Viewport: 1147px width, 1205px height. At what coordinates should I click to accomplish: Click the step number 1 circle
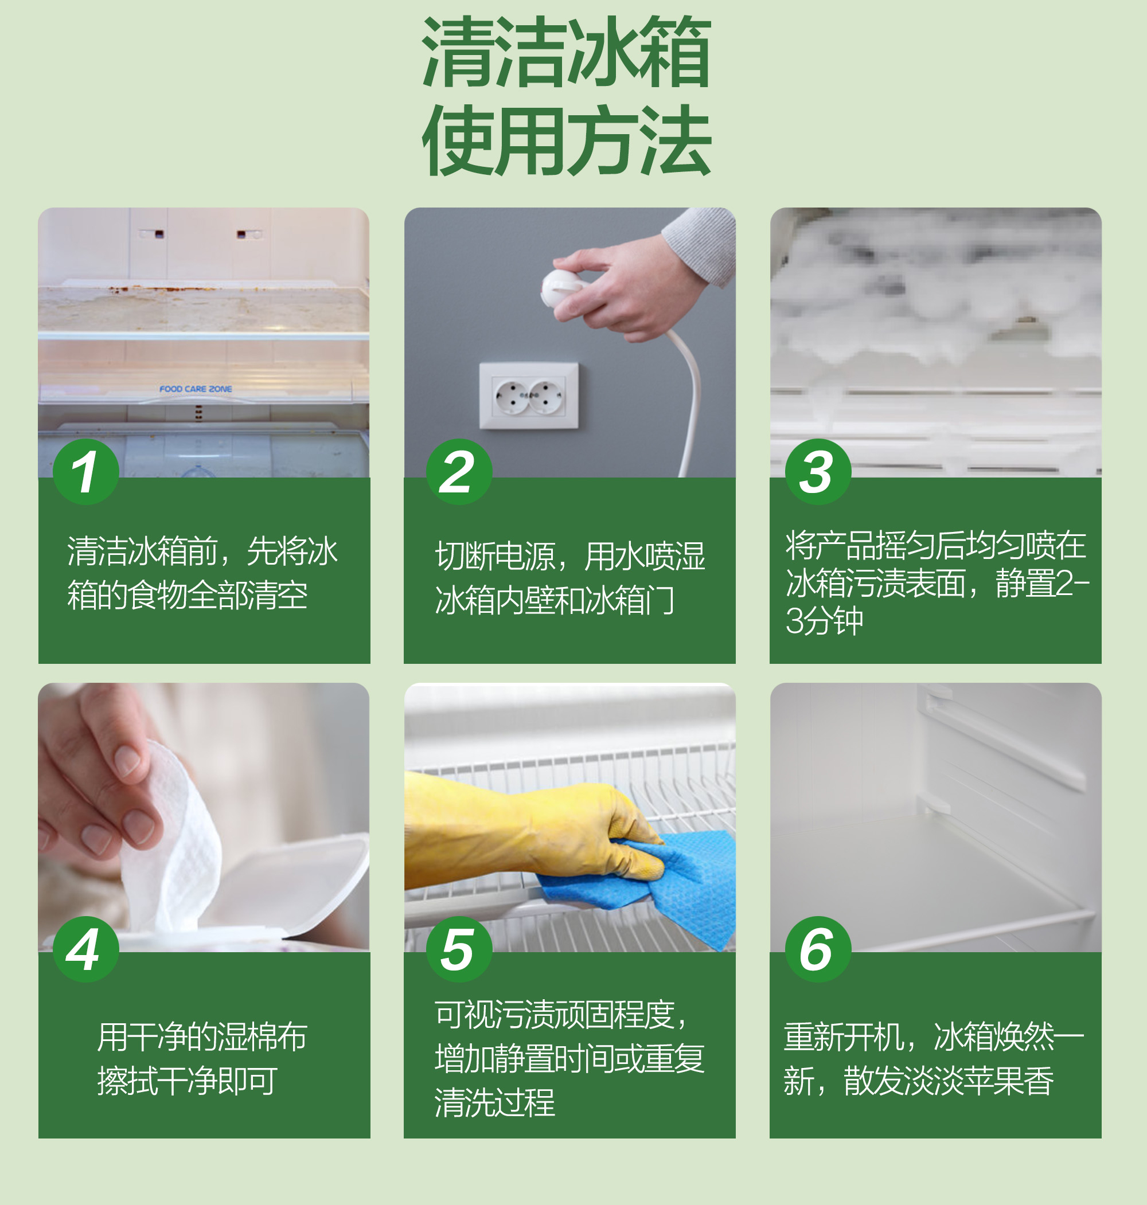(85, 472)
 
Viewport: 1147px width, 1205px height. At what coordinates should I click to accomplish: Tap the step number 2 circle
(459, 472)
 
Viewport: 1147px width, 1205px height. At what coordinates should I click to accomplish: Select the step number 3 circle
(818, 472)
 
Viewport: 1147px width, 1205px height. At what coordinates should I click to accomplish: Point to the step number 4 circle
(85, 949)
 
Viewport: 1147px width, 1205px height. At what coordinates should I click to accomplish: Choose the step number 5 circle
(459, 949)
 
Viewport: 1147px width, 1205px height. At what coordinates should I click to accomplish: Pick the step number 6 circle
(818, 949)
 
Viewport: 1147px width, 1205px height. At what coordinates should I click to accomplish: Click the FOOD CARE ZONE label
(196, 389)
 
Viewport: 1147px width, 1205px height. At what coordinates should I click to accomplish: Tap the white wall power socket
(529, 396)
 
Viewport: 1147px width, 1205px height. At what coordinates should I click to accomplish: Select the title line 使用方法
(566, 140)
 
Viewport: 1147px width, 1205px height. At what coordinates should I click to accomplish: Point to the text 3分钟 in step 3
(824, 621)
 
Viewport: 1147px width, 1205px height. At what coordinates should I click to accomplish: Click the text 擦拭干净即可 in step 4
(187, 1081)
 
